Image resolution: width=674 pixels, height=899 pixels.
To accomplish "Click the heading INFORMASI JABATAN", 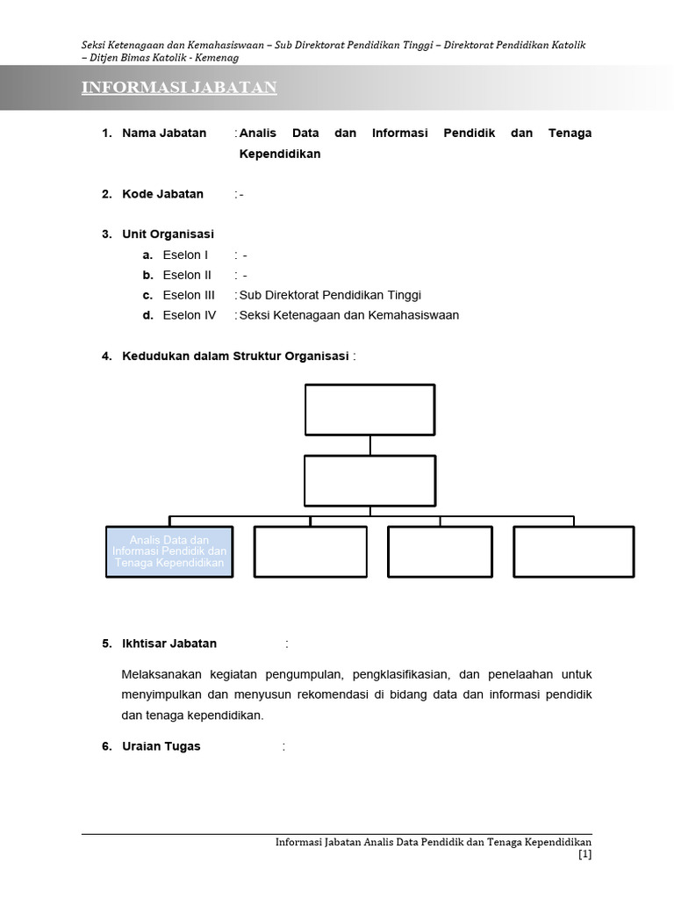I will coord(179,88).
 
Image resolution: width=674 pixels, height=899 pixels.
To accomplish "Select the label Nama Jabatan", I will coord(164,133).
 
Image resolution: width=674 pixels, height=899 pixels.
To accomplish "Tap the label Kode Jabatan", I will coord(162,194).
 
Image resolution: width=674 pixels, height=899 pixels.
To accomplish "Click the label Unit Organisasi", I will coord(168,234).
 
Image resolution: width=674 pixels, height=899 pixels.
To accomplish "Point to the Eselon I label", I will coord(185,255).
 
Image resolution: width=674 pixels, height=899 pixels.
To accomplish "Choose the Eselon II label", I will coord(187,276).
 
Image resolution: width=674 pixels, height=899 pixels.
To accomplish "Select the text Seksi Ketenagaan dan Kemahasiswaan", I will coord(349,316).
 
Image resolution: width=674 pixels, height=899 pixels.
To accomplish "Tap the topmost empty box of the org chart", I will coord(369,409).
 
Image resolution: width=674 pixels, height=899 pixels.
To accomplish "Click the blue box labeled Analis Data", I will coord(169,551).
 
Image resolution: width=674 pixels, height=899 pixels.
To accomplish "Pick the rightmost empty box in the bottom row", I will coord(573,551).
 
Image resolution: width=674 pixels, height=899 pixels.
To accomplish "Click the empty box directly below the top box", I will coord(369,480).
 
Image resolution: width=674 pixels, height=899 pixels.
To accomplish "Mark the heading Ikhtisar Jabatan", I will coord(169,644).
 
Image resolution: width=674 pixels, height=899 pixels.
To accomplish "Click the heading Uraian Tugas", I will coord(161,747).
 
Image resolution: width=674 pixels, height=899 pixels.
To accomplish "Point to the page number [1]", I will coord(584,854).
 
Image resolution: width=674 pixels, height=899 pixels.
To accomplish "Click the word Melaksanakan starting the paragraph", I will coord(162,675).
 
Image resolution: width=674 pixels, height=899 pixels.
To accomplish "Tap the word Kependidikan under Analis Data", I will coord(279,155).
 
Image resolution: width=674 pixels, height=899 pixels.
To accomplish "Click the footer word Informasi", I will coord(299,842).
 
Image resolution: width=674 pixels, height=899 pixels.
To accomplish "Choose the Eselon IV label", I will coord(189,316).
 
